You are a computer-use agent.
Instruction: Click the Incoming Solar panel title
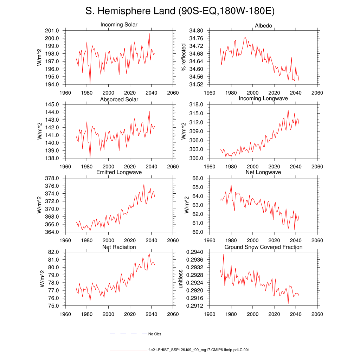click(119, 25)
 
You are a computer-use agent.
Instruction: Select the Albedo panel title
click(263, 26)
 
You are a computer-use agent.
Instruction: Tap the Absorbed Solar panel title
click(119, 99)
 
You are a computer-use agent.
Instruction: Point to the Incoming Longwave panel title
click(263, 98)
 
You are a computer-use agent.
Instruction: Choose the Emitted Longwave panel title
click(119, 172)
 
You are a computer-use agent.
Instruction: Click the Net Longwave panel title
click(263, 172)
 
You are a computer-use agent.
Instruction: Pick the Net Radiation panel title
click(119, 247)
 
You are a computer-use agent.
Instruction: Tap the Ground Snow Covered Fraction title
click(263, 247)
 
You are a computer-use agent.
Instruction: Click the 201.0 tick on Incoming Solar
click(52, 31)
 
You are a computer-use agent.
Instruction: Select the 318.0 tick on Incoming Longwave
click(196, 105)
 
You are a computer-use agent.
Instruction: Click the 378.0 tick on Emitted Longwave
click(52, 178)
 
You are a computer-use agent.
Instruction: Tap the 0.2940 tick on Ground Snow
click(194, 252)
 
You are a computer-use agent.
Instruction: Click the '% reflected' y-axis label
click(183, 57)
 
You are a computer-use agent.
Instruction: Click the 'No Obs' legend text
click(154, 334)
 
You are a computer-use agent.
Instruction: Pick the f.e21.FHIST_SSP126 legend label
click(199, 350)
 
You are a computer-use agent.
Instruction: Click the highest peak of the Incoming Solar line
click(149, 33)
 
